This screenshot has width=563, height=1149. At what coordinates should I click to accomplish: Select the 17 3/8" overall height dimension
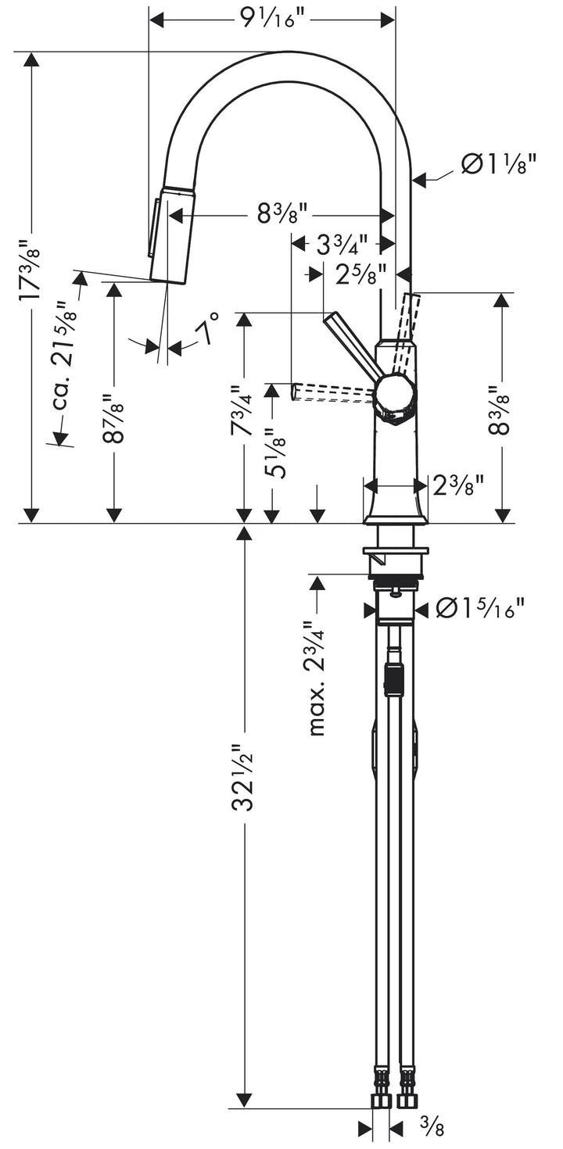30,270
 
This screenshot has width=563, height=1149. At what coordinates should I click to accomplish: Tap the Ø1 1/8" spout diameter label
498,164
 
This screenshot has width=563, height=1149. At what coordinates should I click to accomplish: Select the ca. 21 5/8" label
66,356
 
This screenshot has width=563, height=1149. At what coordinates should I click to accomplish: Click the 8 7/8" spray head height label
115,418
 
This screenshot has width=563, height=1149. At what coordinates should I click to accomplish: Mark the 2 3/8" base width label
459,485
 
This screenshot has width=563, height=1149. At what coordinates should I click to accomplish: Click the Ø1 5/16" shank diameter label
480,609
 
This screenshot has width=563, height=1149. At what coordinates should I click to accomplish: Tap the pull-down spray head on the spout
170,234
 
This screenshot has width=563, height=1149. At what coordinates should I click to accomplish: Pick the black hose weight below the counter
393,678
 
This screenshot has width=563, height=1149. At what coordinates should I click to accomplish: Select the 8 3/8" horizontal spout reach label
282,212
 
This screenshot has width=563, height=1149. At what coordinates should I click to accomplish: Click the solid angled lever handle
352,344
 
